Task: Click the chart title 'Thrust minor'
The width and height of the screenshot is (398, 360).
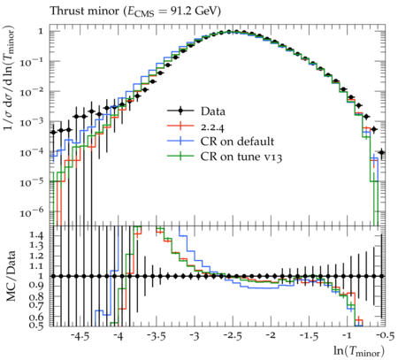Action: (83, 11)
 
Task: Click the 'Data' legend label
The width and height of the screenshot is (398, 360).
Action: (213, 111)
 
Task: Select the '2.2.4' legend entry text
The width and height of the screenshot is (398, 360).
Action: (212, 126)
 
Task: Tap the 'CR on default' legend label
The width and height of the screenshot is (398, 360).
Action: (237, 142)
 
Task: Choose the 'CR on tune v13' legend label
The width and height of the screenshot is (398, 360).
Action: (241, 157)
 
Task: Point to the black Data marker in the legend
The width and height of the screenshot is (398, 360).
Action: (180, 111)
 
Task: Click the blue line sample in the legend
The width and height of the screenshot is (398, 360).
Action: (180, 141)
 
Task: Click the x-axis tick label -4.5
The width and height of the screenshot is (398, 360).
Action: (81, 336)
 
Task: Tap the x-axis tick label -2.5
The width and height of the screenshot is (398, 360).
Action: (233, 336)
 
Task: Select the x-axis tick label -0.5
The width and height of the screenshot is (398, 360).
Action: (386, 336)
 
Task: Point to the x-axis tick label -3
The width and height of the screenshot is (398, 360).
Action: (195, 336)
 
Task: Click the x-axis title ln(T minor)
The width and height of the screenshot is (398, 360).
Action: (359, 351)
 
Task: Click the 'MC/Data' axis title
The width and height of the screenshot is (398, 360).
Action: (11, 276)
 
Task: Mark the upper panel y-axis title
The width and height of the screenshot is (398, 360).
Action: (10, 78)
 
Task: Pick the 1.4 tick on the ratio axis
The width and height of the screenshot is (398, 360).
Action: (37, 235)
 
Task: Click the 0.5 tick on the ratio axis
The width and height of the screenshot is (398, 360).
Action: (37, 325)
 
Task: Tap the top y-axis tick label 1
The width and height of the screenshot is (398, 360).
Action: (41, 31)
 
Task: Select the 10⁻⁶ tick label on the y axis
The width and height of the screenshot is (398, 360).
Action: (32, 212)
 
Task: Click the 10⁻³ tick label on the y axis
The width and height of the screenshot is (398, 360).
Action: (32, 121)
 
